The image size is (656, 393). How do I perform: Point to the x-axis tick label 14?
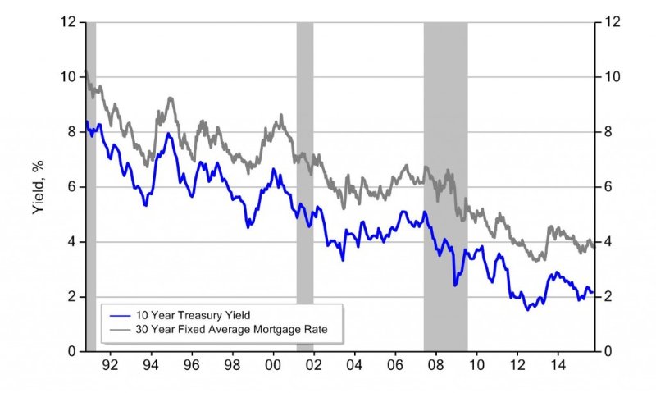coord(557,363)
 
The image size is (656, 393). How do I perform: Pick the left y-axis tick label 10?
coord(71,76)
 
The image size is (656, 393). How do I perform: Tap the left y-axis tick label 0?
coord(74,351)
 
